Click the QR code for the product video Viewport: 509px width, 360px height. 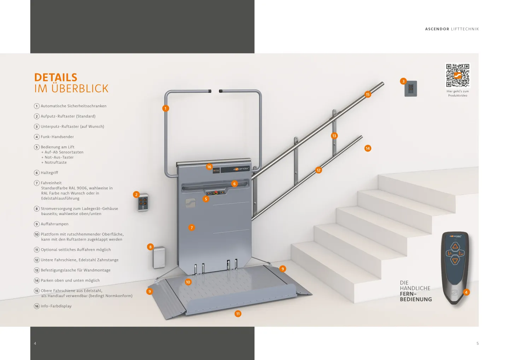(457, 75)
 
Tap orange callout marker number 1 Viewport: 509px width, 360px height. (165, 108)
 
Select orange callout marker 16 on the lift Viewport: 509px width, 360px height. (209, 167)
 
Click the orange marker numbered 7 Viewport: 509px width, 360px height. (192, 227)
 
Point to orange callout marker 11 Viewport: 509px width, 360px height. (238, 314)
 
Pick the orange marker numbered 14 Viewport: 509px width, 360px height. (368, 148)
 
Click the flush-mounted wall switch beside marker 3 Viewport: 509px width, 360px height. (411, 88)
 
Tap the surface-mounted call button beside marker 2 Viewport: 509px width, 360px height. (143, 202)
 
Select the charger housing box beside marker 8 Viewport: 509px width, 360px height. (159, 257)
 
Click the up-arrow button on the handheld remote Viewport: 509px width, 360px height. (455, 246)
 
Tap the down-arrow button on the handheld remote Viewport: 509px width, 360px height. (455, 261)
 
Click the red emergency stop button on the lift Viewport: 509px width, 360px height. (216, 193)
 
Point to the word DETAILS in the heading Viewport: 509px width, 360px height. (56, 77)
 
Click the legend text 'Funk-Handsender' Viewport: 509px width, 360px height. (57, 137)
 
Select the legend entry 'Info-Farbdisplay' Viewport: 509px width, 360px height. (56, 306)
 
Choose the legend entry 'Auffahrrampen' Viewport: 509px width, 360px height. (54, 224)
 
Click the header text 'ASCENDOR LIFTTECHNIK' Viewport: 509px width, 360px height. (452, 29)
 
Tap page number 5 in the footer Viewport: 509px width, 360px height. (478, 343)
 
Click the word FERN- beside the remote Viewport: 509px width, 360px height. (408, 294)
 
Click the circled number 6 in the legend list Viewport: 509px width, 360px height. (36, 173)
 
